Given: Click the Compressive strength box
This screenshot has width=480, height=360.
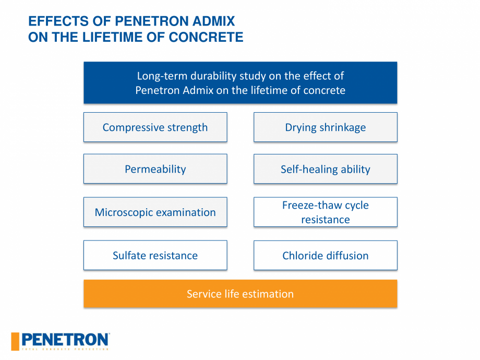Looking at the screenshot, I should pyautogui.click(x=155, y=127).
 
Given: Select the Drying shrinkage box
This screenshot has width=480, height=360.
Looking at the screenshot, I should pyautogui.click(x=325, y=127).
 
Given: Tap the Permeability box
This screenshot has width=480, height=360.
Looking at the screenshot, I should pyautogui.click(x=155, y=169).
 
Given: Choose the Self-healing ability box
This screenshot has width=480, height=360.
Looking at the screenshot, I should pyautogui.click(x=325, y=169).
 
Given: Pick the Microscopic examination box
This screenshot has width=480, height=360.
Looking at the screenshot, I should pyautogui.click(x=155, y=212).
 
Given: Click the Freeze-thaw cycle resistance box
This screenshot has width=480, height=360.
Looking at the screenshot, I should pyautogui.click(x=325, y=212).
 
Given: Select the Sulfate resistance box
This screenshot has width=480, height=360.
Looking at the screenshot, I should pyautogui.click(x=155, y=256).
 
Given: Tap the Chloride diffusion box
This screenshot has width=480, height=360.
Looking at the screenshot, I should pyautogui.click(x=325, y=256).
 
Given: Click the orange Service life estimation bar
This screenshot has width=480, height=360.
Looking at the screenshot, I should pyautogui.click(x=240, y=294).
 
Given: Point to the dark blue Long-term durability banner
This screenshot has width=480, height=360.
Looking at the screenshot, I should pyautogui.click(x=240, y=82).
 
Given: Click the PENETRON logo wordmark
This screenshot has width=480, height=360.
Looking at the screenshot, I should pyautogui.click(x=65, y=340).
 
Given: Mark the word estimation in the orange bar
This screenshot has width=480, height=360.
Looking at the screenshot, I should pyautogui.click(x=268, y=294).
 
